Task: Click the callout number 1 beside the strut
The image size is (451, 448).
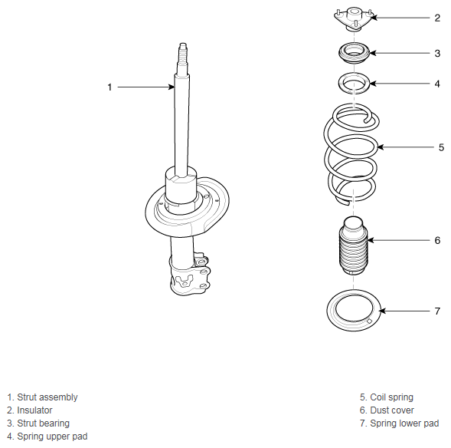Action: point(109,87)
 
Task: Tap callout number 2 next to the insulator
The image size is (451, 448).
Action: point(437,18)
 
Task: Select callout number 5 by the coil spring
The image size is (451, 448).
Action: point(441,147)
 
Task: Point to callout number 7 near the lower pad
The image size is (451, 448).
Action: point(437,311)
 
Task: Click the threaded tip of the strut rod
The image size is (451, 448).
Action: point(183,52)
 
